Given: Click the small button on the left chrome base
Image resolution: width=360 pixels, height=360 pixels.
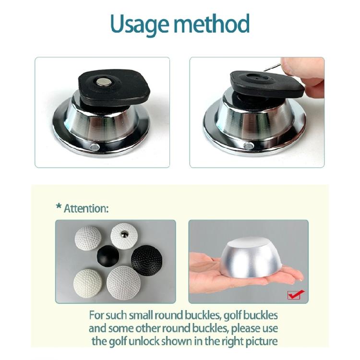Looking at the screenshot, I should (x=94, y=145).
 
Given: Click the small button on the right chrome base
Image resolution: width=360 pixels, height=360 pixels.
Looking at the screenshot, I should (x=247, y=145).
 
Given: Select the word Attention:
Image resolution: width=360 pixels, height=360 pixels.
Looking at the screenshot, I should (x=87, y=209).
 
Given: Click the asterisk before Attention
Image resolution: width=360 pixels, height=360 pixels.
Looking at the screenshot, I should (x=59, y=208).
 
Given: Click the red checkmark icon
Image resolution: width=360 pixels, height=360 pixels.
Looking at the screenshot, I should (x=294, y=294).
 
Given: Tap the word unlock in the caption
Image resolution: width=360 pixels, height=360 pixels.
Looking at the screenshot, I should (x=160, y=342).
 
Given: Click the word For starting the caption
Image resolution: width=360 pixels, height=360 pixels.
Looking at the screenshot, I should (x=98, y=316).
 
